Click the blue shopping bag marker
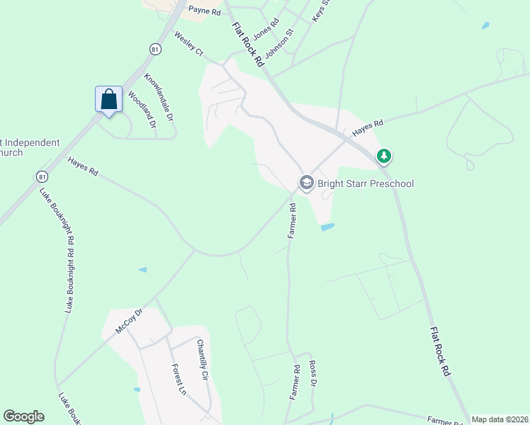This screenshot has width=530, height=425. coord(108,100)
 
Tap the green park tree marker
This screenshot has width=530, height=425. coord(384,155)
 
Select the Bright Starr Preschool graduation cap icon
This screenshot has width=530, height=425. coord(306,183)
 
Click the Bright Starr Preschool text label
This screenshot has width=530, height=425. coord(366,183)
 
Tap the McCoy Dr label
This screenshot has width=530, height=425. coord(129,321)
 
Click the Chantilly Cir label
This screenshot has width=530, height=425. coord(203,361)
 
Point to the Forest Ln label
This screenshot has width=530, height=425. coord(179,380)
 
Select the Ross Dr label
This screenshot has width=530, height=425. coord(313,375)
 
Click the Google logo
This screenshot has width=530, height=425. coord(23,416)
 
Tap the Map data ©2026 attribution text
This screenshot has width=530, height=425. coord(500,419)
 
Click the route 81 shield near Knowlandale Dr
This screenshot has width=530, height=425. coord(154,48)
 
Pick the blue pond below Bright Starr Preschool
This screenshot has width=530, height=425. coord(327,227)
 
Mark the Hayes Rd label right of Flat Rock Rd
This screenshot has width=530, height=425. coord(368,128)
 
